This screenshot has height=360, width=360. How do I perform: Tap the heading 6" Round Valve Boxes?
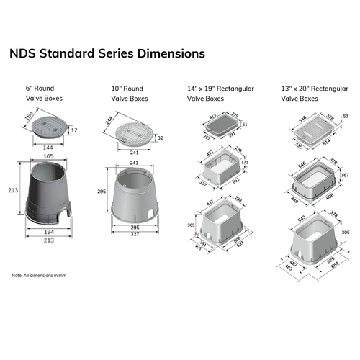pyautogui.click(x=44, y=93)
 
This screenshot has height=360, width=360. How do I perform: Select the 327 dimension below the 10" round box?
pyautogui.click(x=135, y=234)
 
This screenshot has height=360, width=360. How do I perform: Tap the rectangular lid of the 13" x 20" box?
pyautogui.click(x=312, y=125)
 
